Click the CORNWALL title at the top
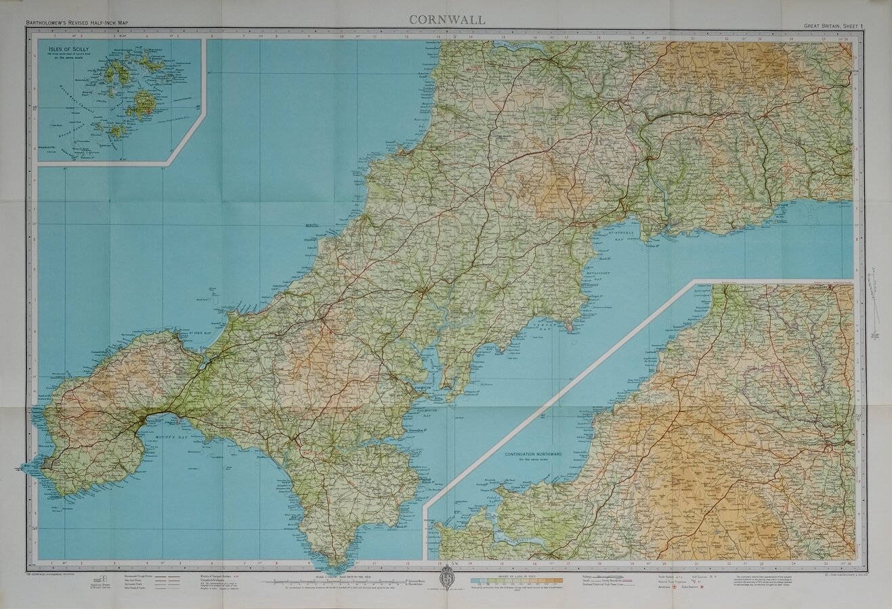click(447, 20)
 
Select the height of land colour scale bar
click(517, 581)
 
